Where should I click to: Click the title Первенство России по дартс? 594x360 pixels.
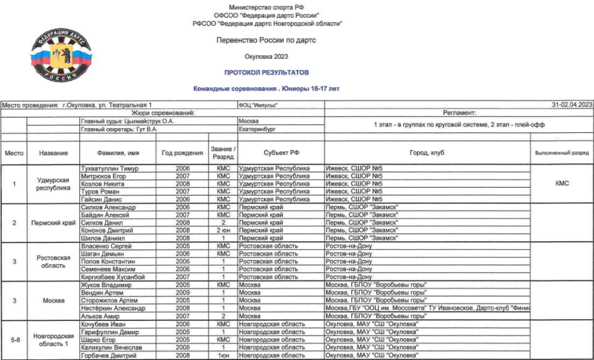click(266, 40)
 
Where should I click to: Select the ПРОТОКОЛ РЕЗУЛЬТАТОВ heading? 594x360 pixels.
click(266, 72)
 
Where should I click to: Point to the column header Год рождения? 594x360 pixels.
click(182, 153)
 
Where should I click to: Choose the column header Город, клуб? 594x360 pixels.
click(428, 153)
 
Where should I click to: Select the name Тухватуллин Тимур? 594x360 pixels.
click(110, 168)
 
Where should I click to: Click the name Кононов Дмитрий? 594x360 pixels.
click(108, 231)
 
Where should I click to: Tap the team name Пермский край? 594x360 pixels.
click(53, 223)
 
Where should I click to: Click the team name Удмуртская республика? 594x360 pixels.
click(53, 184)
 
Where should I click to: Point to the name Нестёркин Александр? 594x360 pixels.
click(112, 308)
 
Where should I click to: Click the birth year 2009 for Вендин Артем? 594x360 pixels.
click(182, 293)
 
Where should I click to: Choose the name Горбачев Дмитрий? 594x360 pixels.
click(109, 355)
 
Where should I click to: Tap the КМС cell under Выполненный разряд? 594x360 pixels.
click(562, 184)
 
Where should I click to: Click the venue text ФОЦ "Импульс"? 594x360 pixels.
click(259, 105)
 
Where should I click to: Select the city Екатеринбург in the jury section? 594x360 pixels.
click(257, 129)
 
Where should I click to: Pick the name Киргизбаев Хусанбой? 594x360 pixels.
click(113, 277)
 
